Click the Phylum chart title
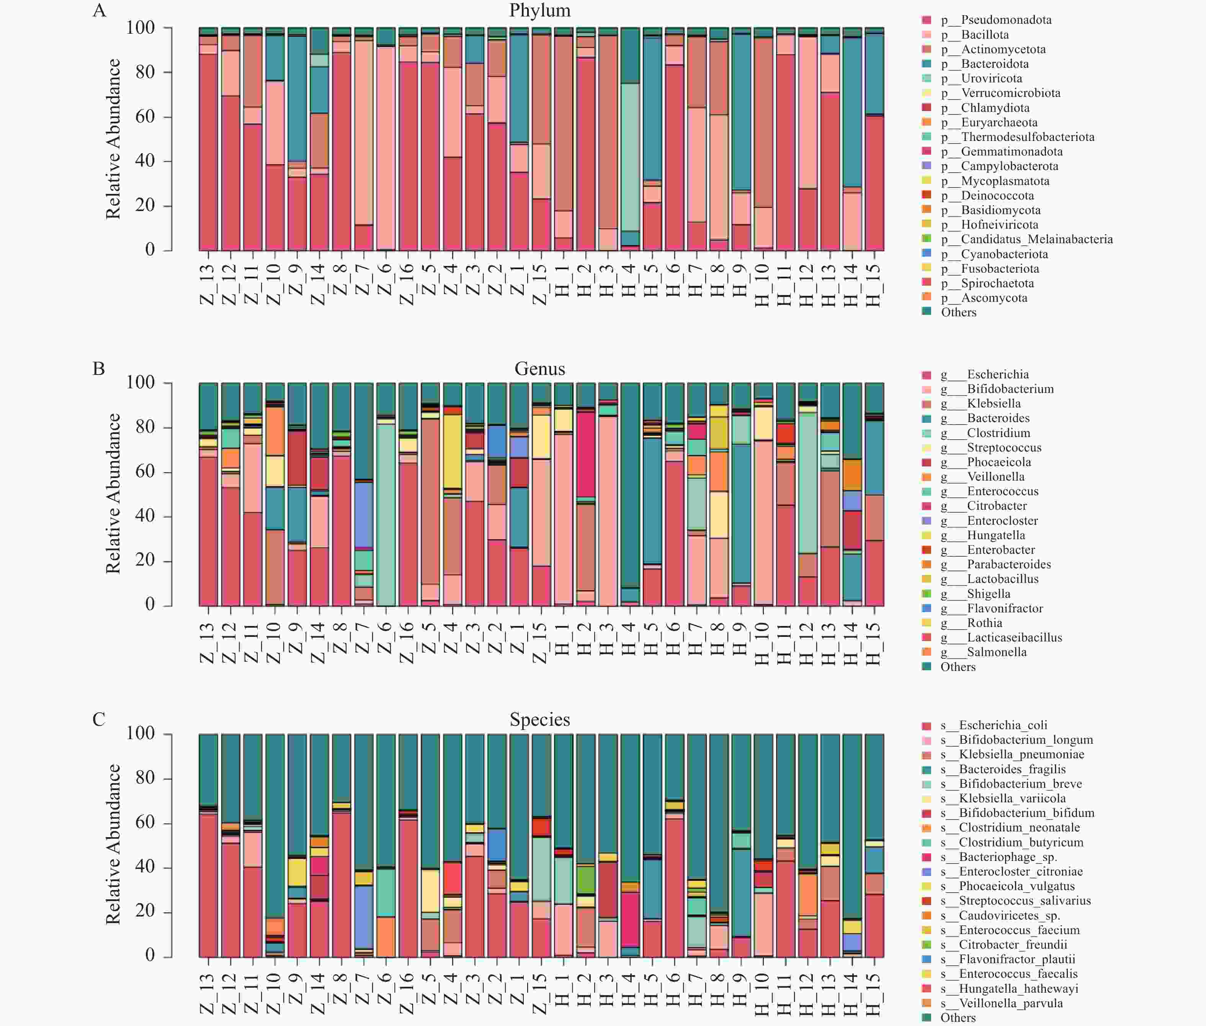tap(539, 10)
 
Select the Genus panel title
tap(539, 369)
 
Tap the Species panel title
tap(539, 720)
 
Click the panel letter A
tap(100, 10)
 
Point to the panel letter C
tap(99, 720)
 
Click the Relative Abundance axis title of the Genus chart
tap(113, 494)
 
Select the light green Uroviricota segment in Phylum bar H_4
tap(630, 157)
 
